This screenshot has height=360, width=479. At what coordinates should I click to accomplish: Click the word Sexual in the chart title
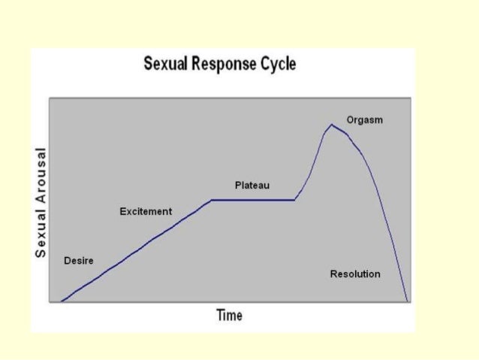(164, 64)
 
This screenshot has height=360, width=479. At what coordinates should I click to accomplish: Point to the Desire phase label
(79, 261)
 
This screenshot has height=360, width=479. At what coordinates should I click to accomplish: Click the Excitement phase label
(146, 212)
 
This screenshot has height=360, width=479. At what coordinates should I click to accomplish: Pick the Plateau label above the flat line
(252, 185)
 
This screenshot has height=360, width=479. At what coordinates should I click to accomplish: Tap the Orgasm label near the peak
(364, 120)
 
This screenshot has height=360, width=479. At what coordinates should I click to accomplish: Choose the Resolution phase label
(355, 274)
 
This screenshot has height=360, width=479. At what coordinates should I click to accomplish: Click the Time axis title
(229, 316)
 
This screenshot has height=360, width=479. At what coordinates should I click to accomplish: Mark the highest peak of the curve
(331, 124)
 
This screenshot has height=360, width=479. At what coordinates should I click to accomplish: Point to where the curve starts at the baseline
(62, 301)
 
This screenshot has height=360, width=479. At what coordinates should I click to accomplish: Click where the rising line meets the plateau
(212, 200)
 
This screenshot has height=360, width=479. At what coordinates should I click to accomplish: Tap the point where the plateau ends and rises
(294, 200)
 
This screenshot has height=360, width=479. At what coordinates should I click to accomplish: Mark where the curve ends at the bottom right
(407, 301)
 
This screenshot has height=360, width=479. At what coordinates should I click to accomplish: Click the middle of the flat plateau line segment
(253, 200)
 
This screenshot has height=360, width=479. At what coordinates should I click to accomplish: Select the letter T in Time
(220, 316)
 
